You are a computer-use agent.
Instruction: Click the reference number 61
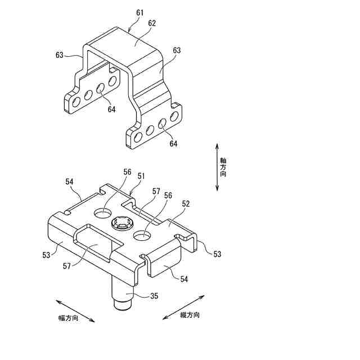[139, 12]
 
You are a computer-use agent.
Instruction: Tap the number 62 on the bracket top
[152, 23]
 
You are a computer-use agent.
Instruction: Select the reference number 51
[141, 176]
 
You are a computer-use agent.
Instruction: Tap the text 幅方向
[69, 318]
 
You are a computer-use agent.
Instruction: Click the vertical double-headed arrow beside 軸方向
[217, 167]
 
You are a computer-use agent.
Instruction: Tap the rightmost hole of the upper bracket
[174, 116]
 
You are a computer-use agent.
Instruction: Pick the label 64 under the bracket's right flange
[173, 144]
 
